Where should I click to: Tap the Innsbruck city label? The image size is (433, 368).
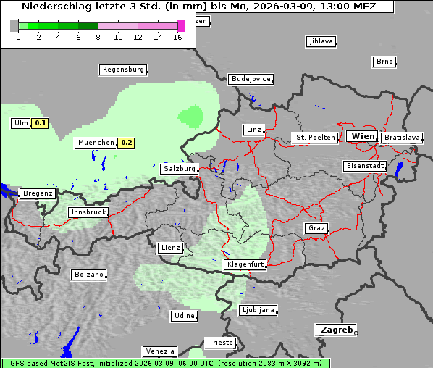[88, 212]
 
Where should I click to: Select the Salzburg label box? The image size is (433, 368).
[179, 168]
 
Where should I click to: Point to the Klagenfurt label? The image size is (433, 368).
[244, 264]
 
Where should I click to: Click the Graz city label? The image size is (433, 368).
[316, 228]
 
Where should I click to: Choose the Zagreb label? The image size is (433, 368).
[335, 330]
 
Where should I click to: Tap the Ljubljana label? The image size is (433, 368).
[258, 310]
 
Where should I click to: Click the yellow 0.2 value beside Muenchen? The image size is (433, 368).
[127, 143]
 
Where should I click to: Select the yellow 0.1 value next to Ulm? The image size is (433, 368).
[41, 123]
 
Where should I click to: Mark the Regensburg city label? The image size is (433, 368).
[122, 70]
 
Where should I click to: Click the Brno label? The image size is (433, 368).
[384, 62]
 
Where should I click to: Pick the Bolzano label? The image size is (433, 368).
[88, 275]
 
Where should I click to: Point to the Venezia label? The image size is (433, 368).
[159, 351]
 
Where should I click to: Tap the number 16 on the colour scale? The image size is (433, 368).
[178, 37]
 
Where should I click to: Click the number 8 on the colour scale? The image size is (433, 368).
[98, 37]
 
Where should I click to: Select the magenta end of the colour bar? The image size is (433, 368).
[181, 25]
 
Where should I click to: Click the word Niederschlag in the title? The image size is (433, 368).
[54, 7]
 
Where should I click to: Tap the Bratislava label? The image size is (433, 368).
[402, 137]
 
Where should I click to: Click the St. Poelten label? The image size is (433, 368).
[315, 137]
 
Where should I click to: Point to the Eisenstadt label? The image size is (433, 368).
[364, 166]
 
